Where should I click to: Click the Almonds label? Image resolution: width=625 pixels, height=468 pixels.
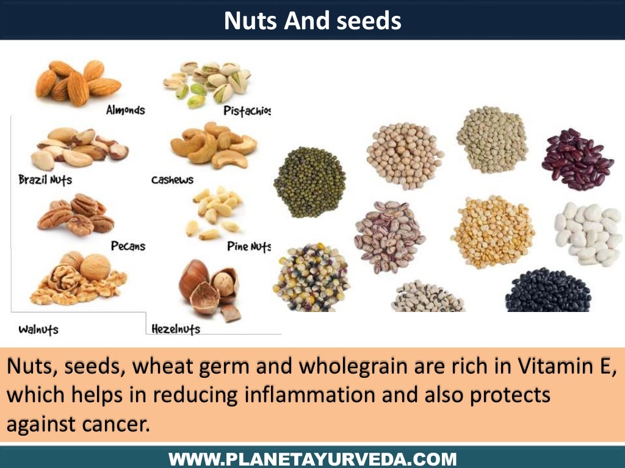[125, 110]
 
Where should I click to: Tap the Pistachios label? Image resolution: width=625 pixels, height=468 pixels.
[247, 111]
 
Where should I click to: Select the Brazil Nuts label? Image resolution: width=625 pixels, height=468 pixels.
[45, 180]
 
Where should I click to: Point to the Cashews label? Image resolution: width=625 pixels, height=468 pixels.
[172, 180]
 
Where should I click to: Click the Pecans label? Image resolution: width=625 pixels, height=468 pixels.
[128, 246]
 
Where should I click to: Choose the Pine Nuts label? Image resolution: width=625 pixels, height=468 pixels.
[248, 247]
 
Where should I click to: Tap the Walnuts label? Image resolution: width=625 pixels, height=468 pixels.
[38, 330]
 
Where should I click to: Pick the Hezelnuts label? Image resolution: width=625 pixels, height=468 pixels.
[175, 329]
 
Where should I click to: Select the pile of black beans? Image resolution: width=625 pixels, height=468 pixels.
[547, 291]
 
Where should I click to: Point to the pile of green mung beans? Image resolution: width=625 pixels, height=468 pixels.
[309, 182]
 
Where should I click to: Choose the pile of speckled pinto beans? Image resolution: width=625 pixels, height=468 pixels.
[389, 236]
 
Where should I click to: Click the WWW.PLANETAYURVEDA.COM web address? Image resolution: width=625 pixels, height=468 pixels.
[312, 458]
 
